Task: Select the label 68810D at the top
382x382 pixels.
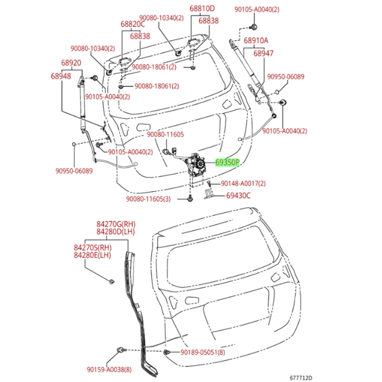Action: coord(202,9)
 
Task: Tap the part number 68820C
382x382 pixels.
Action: coord(133,25)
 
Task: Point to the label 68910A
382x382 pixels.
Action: coord(255,41)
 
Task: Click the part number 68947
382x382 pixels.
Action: coord(263,54)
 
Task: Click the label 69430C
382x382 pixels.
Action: coord(238,195)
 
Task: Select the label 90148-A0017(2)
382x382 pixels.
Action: coord(244,184)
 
